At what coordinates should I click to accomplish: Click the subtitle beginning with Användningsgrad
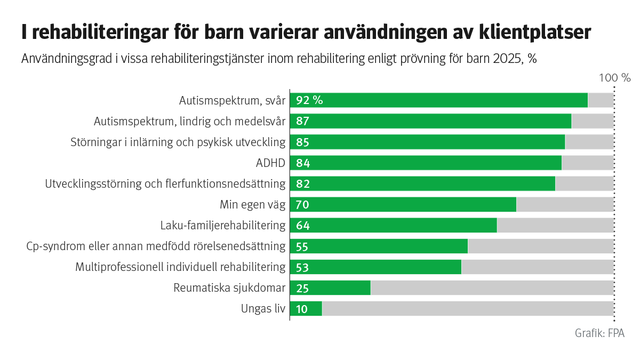click(278, 59)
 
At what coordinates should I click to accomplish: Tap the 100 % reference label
click(614, 78)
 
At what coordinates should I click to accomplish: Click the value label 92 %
click(309, 100)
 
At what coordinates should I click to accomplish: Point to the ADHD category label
click(270, 163)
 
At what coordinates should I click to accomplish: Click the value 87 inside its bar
click(302, 121)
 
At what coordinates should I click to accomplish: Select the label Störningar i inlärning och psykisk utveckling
click(178, 142)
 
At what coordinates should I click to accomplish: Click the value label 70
click(302, 205)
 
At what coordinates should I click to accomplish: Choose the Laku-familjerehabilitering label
click(223, 226)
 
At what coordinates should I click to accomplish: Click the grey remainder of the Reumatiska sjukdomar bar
click(491, 288)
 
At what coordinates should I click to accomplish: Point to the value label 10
click(302, 309)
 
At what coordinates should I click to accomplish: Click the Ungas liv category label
click(263, 309)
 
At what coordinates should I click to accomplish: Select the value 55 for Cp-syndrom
click(302, 246)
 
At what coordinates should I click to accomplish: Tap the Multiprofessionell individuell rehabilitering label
click(180, 267)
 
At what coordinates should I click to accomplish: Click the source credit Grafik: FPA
click(599, 333)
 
